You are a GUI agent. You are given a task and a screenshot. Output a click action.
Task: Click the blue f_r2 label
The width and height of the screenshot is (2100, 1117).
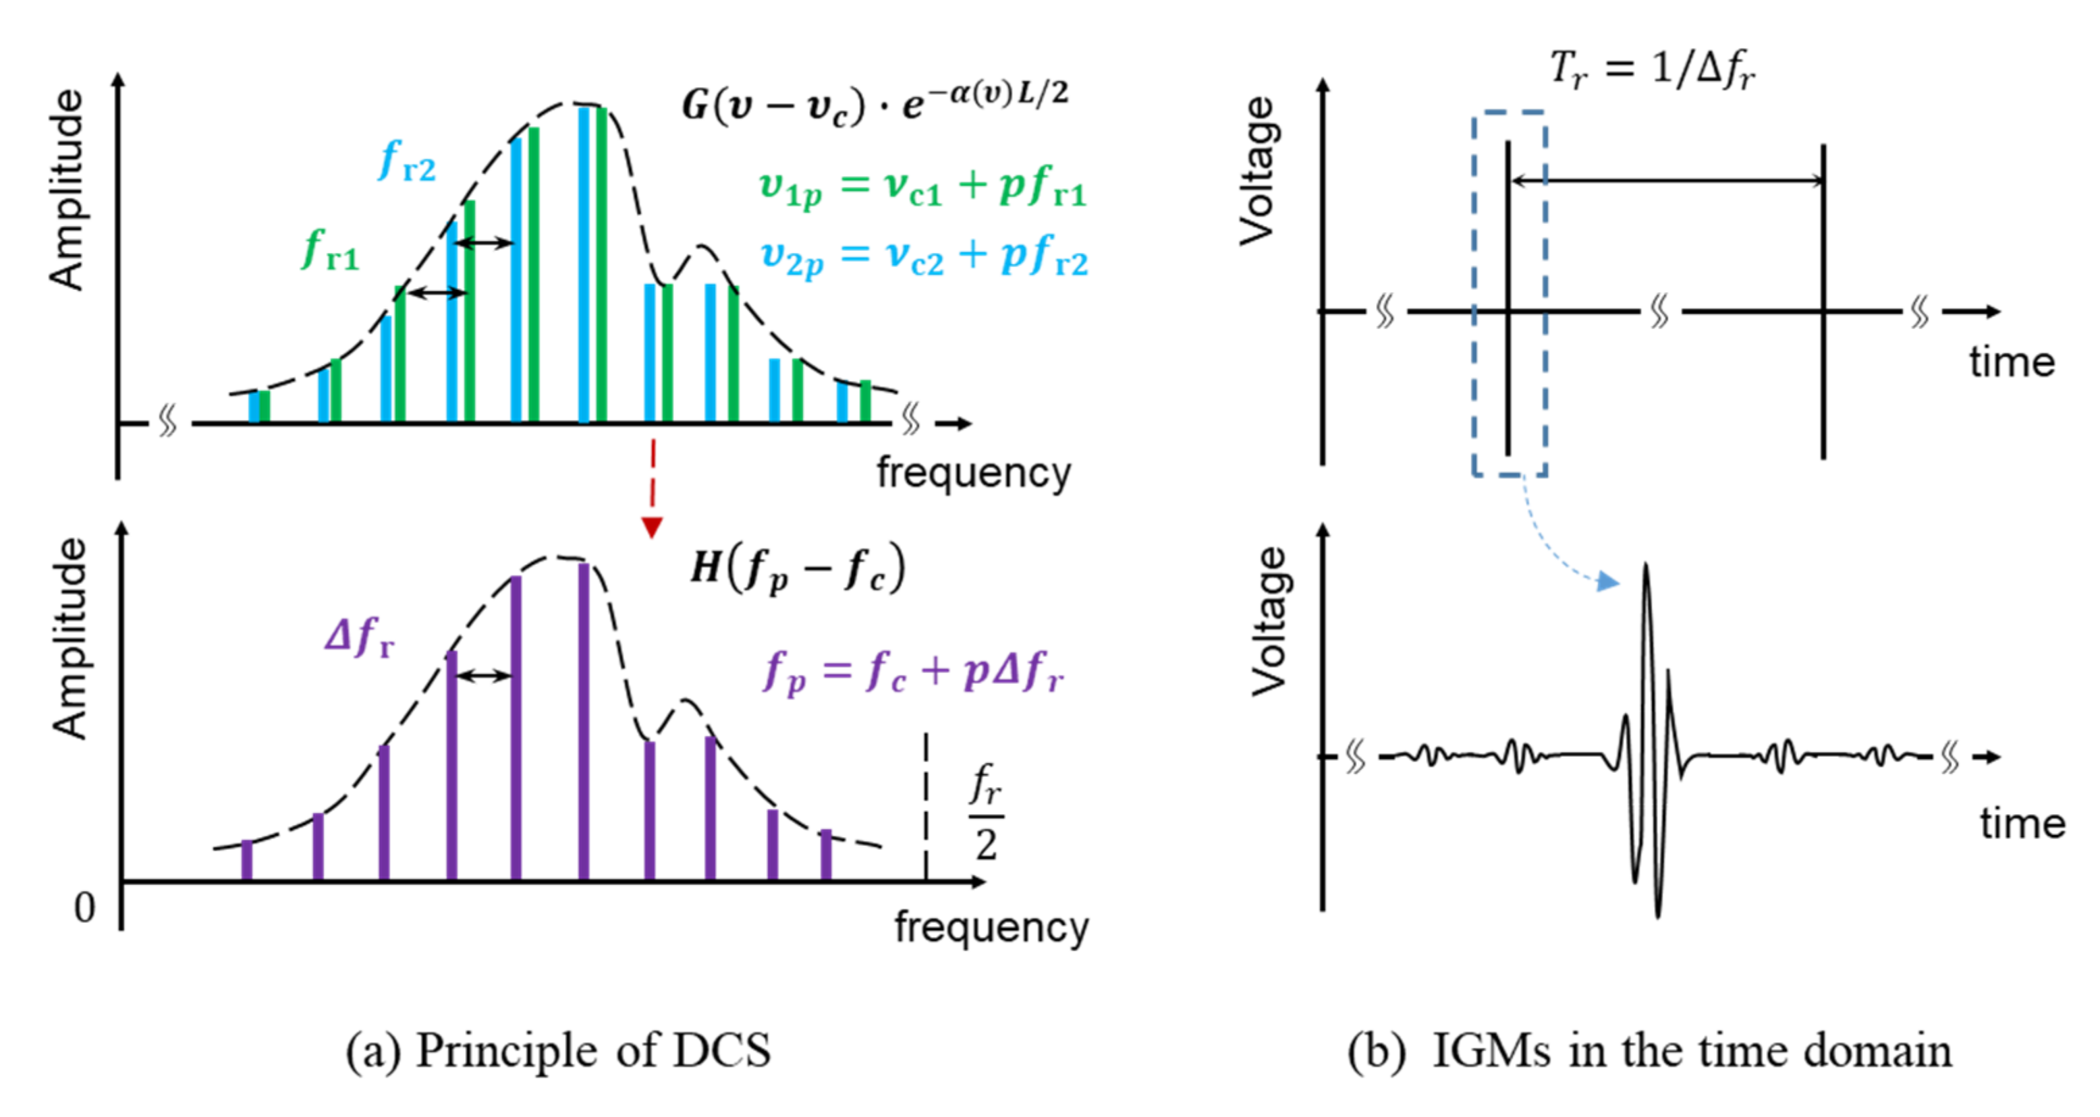pos(407,161)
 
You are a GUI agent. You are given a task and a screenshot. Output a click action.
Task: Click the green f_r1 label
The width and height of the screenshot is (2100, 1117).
pos(330,250)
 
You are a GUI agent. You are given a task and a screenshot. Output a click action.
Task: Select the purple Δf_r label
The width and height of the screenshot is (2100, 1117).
pos(360,637)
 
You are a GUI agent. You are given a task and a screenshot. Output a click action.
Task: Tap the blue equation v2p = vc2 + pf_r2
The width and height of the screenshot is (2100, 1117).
pos(924,258)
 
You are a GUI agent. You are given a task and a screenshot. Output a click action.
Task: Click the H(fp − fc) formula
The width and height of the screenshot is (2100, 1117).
pos(797,568)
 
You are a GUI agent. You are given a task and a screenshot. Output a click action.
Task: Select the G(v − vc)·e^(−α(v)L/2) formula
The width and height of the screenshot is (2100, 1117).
pos(875,105)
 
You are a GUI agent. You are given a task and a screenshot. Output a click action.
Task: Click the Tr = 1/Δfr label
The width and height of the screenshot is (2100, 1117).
pos(1652,68)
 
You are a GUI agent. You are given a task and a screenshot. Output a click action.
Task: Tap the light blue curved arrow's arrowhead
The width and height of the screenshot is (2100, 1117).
pos(1607,581)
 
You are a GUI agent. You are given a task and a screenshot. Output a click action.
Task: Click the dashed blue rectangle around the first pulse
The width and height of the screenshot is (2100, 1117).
pos(1474,293)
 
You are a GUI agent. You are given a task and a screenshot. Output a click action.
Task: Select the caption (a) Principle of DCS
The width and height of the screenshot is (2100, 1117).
pos(559,1050)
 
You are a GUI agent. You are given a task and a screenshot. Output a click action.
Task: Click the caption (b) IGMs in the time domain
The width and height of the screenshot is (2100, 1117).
pos(1649,1050)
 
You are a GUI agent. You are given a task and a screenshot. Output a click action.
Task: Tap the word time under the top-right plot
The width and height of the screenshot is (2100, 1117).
pos(2012,363)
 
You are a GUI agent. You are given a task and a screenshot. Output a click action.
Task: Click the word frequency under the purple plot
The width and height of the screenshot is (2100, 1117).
pos(991,927)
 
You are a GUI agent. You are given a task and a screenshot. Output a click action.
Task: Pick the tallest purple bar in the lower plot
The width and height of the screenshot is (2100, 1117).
pos(584,721)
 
